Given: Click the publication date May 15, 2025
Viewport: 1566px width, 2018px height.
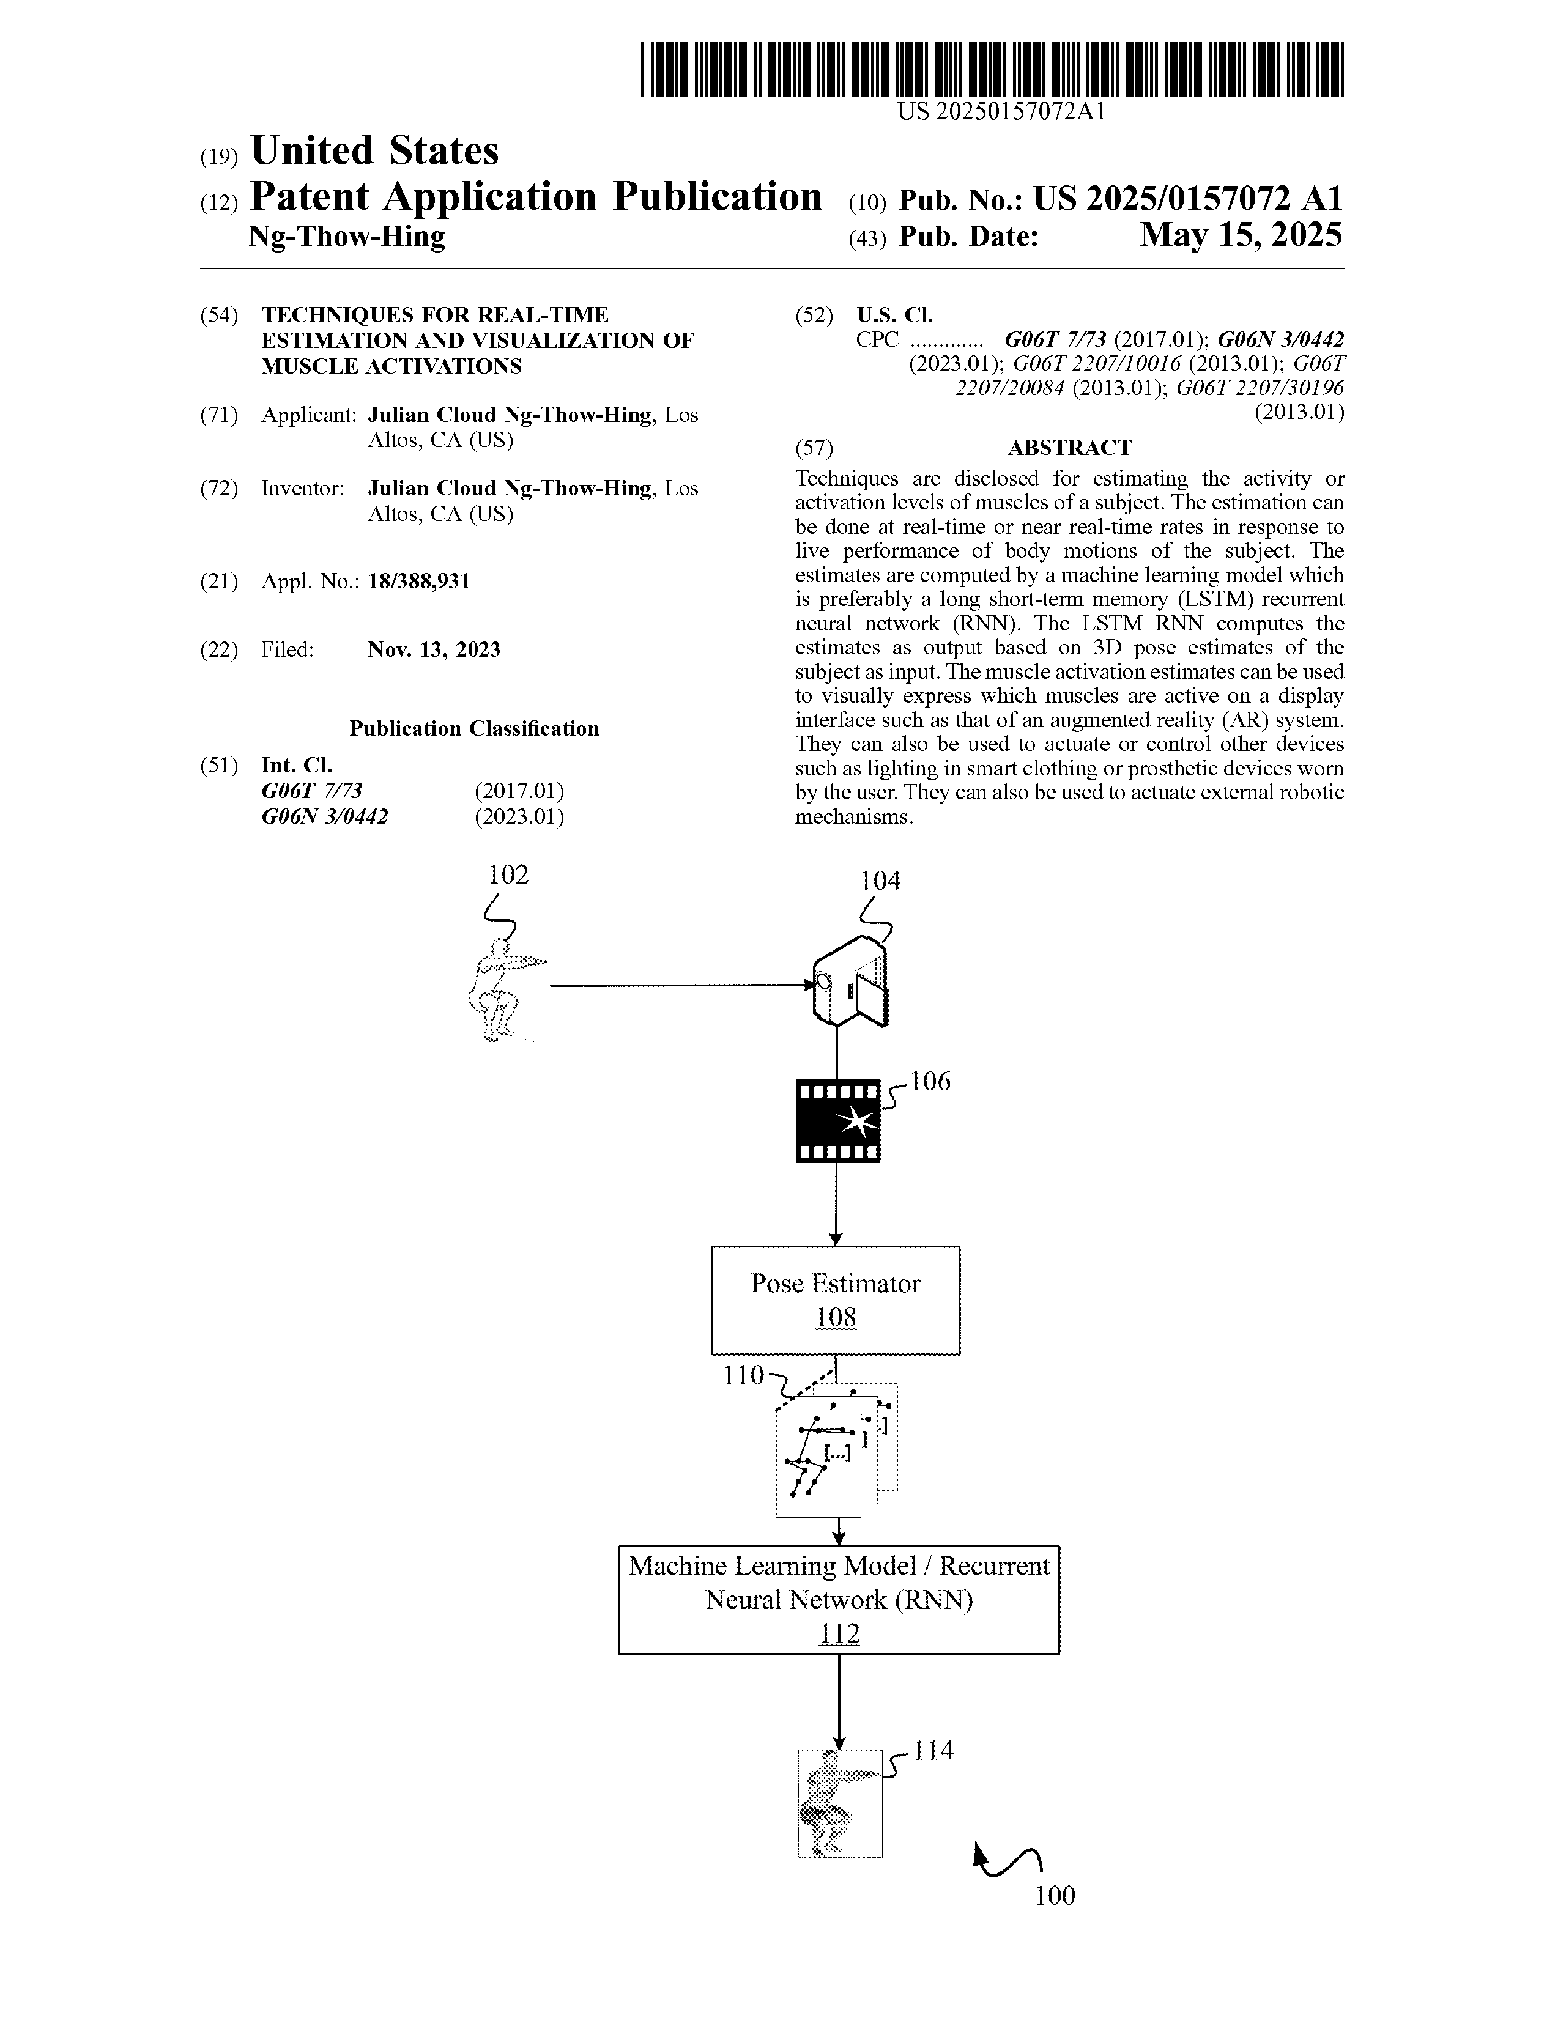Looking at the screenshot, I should (1240, 235).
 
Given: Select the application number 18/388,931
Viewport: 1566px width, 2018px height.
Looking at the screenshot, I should (419, 581).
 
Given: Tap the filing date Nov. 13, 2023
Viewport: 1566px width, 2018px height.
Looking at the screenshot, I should (434, 649).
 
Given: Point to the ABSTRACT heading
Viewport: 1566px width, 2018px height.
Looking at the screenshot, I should (1069, 448).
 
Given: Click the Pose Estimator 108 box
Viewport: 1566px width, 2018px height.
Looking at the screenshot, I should (835, 1300).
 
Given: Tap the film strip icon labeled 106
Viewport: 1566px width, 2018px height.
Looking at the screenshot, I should (837, 1121).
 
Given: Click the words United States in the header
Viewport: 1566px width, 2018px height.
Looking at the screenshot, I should (374, 150).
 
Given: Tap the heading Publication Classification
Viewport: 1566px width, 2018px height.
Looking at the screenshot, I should (474, 729).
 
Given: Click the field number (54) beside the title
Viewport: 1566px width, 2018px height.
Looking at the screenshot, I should (219, 315).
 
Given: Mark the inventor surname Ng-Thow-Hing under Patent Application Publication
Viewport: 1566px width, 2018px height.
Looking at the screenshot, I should (347, 237).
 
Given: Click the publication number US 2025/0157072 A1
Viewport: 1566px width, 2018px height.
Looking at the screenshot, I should (1187, 199).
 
